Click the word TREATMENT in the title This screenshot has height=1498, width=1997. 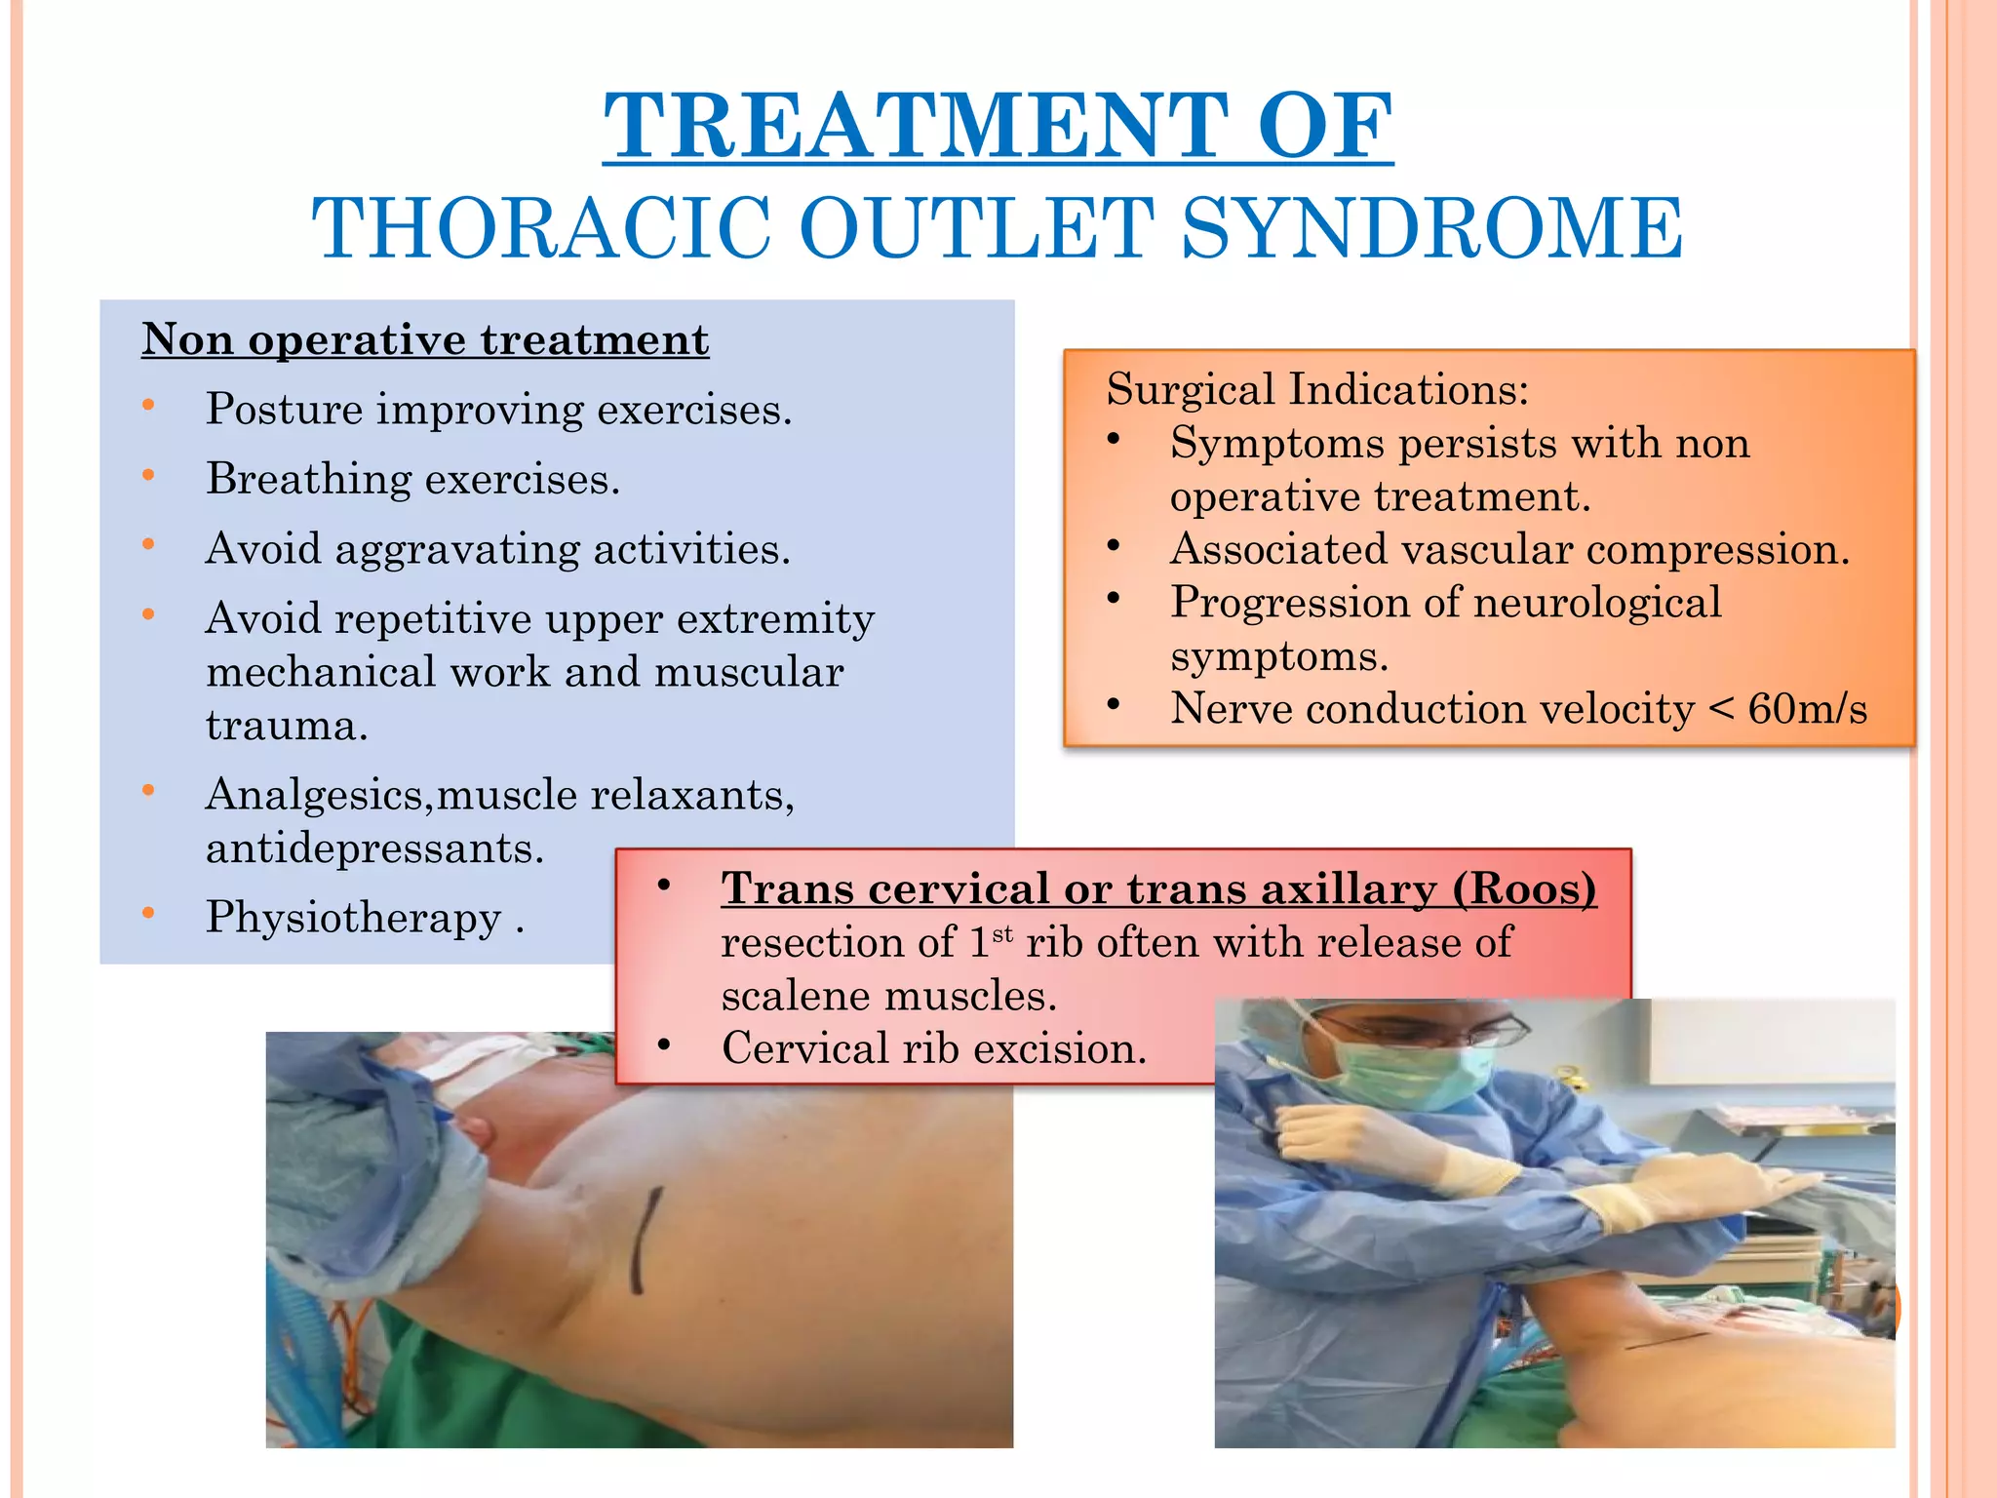(x=915, y=127)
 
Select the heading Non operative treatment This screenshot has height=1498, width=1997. (x=425, y=340)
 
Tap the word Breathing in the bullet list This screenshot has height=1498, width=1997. (x=308, y=480)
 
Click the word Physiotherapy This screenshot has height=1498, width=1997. (x=353, y=918)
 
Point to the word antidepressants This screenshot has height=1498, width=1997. (x=373, y=848)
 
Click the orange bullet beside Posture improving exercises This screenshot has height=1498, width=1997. (x=148, y=406)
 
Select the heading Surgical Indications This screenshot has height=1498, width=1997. (x=1316, y=389)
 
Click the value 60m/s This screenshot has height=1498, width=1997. (x=1807, y=709)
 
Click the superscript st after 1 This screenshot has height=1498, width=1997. (x=1002, y=934)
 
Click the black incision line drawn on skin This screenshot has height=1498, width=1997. (x=645, y=1239)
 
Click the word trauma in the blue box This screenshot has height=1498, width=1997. (x=286, y=727)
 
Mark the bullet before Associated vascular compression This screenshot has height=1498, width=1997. (x=1114, y=546)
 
